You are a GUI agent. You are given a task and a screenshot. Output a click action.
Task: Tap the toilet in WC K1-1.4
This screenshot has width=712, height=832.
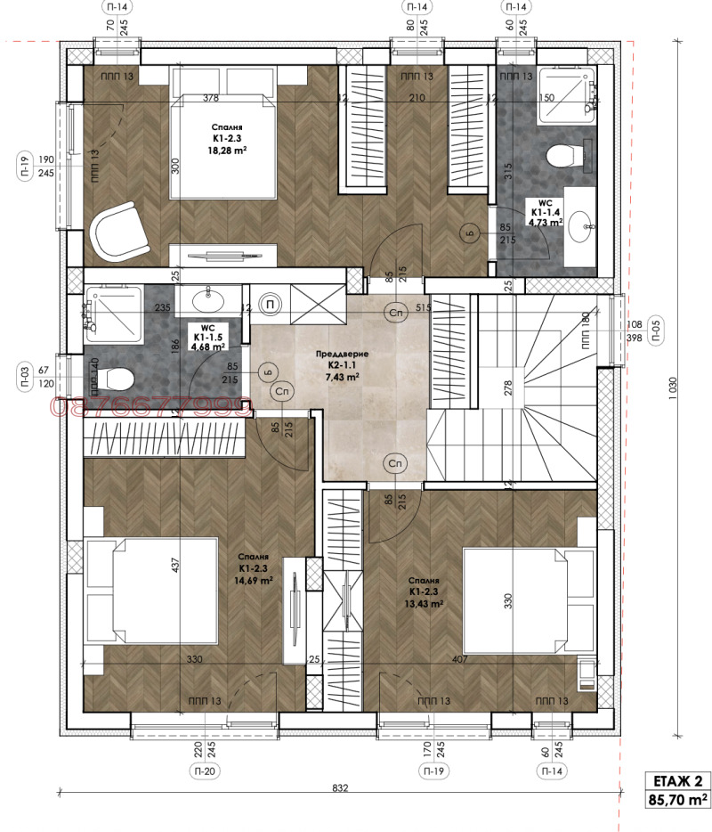[x=561, y=156]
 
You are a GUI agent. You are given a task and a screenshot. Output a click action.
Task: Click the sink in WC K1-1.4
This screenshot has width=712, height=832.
[x=583, y=226]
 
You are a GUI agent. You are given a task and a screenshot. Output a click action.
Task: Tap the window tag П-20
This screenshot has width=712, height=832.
[x=204, y=771]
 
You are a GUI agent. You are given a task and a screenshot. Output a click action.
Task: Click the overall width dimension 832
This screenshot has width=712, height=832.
[x=340, y=787]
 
